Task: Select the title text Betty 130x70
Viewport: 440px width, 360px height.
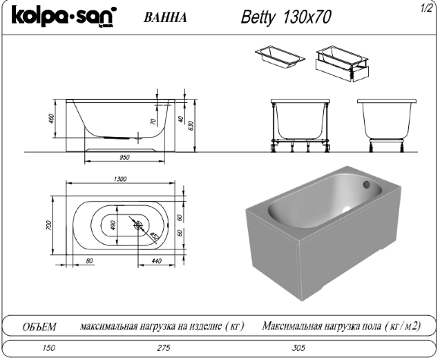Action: click(285, 17)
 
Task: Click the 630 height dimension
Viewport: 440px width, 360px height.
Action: click(192, 124)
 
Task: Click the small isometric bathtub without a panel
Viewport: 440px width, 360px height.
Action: click(275, 57)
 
